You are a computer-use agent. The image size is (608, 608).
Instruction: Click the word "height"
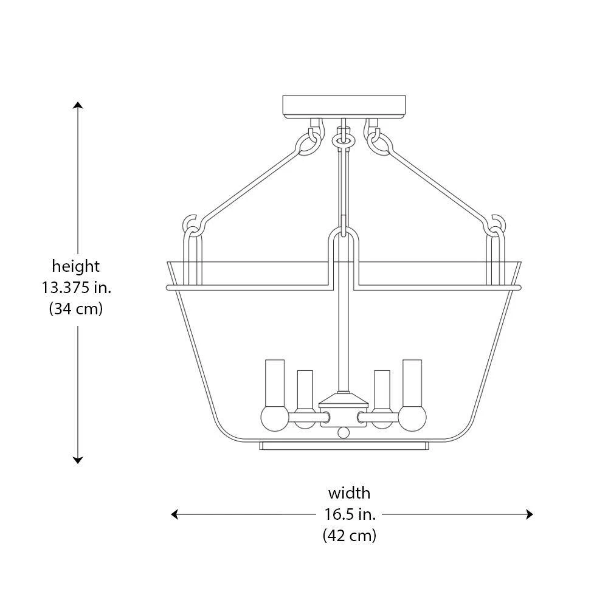coord(75,266)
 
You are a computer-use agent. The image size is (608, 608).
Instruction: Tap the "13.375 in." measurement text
coord(77,287)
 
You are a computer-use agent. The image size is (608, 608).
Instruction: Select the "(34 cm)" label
coord(76,308)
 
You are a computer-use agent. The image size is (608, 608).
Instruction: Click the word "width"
coord(349,492)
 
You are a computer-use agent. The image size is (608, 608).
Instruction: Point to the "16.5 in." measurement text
coord(350,514)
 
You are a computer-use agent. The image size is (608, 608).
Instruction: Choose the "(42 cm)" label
coord(349,536)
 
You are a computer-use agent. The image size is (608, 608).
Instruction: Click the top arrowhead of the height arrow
coord(78,105)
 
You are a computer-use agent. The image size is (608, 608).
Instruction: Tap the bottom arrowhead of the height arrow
coord(78,460)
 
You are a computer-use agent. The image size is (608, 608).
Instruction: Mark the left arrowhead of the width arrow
coord(174,514)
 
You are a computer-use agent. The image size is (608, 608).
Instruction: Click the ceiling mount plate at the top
coord(344,106)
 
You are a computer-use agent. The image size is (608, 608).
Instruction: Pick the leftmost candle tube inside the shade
coord(275,383)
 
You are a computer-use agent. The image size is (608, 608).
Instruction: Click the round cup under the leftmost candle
coord(274,418)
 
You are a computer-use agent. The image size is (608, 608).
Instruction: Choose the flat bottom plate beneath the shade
coord(344,446)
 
